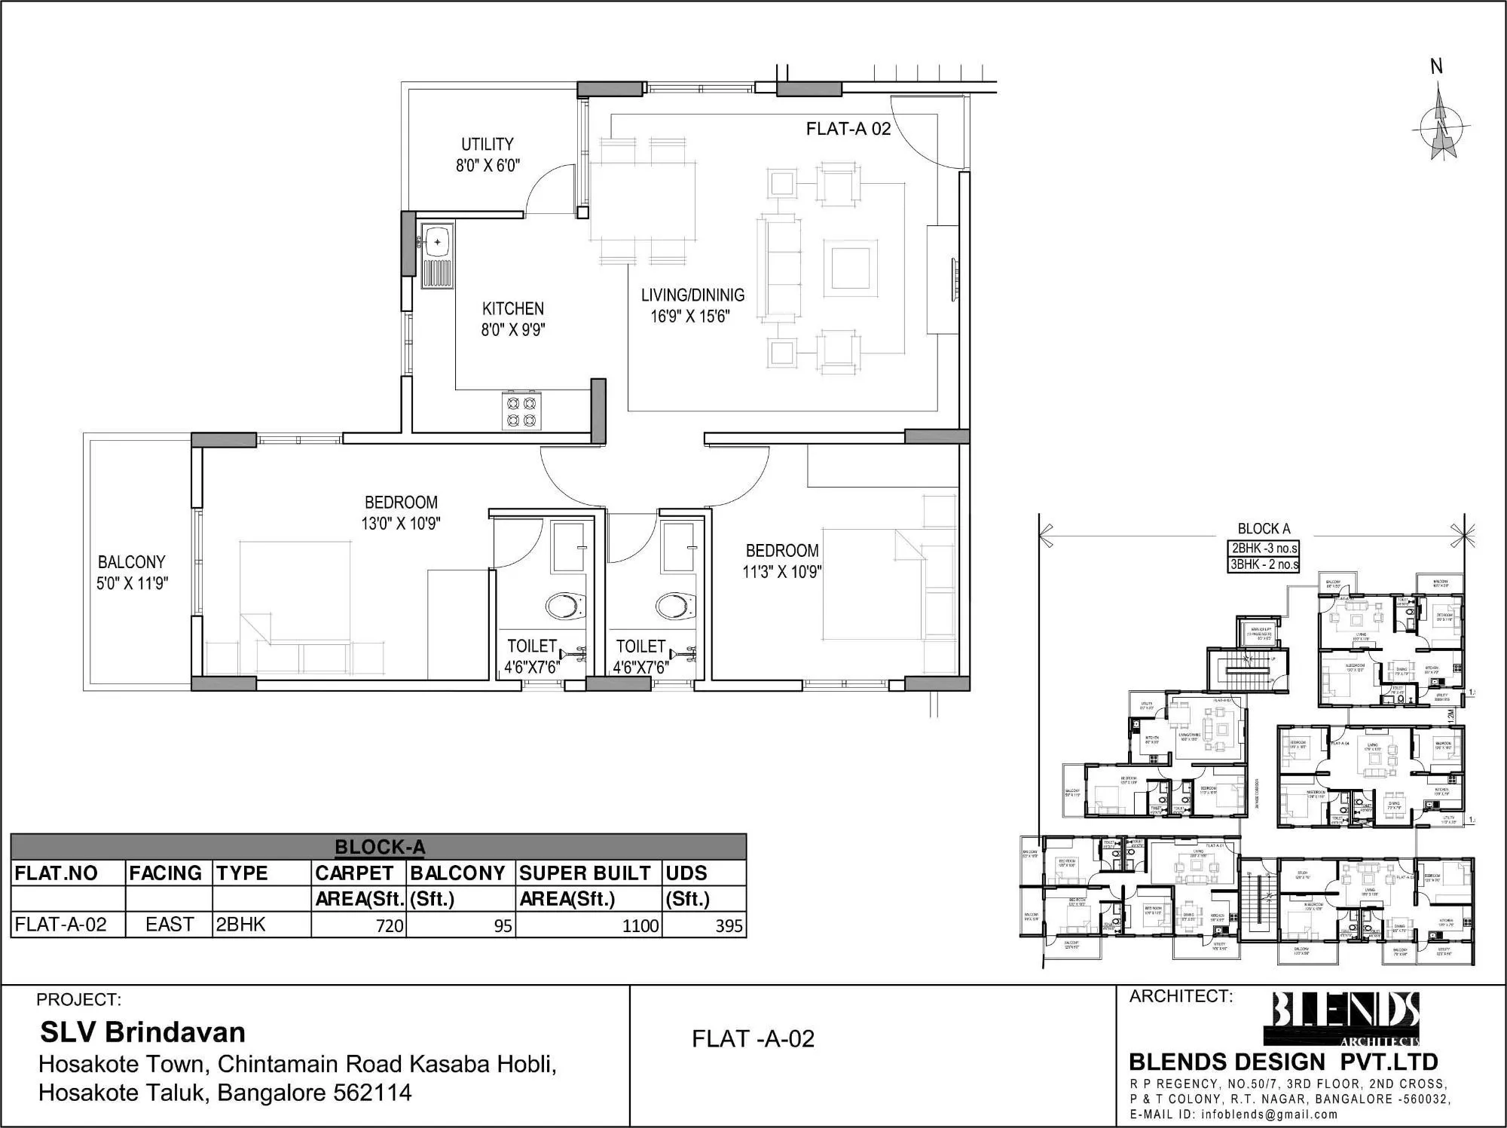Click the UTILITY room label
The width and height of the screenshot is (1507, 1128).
point(488,154)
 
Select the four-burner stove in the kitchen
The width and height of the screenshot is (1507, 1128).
point(521,412)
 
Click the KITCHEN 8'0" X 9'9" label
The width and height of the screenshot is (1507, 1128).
point(513,319)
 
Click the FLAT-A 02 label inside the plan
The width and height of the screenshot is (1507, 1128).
point(848,129)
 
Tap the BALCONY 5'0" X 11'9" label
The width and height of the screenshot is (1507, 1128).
point(132,572)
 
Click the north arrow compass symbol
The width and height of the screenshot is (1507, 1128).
point(1441,130)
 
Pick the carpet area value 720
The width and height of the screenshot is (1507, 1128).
point(390,925)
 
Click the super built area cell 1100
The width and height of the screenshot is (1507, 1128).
point(640,925)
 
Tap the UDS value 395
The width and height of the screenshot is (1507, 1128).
point(728,925)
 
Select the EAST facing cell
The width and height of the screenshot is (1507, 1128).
point(170,925)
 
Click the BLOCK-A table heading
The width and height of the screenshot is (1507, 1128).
point(379,847)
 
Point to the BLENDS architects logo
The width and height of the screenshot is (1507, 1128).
point(1346,1018)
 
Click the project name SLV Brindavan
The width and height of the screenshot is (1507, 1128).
point(142,1032)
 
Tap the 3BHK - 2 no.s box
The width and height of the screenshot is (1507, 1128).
point(1264,564)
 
